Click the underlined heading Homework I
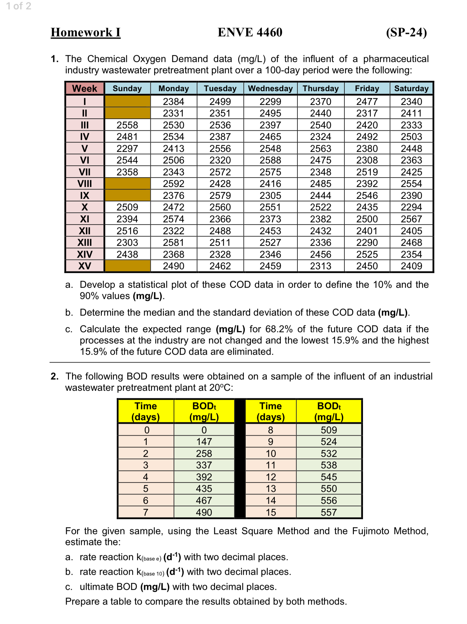tap(86, 32)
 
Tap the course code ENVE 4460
tap(250, 32)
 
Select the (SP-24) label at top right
tap(406, 32)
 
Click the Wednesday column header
tap(270, 89)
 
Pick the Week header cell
tap(84, 89)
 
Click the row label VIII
tap(84, 184)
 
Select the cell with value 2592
tap(174, 184)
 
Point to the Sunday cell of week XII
tap(127, 231)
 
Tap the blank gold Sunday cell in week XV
tap(127, 266)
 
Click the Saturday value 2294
tap(411, 207)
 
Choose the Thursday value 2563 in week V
tap(320, 149)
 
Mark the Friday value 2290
tap(367, 242)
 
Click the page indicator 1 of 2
tap(19, 6)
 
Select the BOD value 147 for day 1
tap(204, 442)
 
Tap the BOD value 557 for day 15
tap(328, 512)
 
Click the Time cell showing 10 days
tap(271, 453)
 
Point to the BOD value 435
tap(204, 489)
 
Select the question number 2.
tap(55, 376)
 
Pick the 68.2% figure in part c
tap(279, 329)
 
